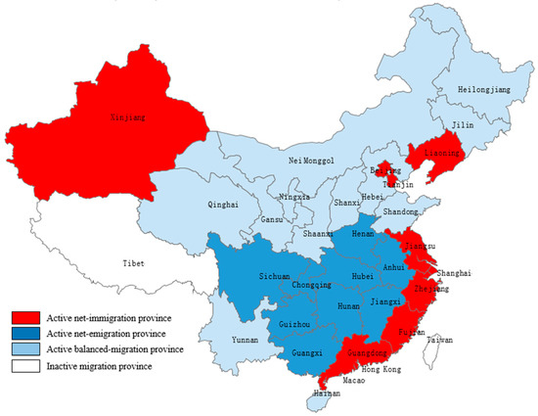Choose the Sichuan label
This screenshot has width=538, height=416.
click(247, 277)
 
